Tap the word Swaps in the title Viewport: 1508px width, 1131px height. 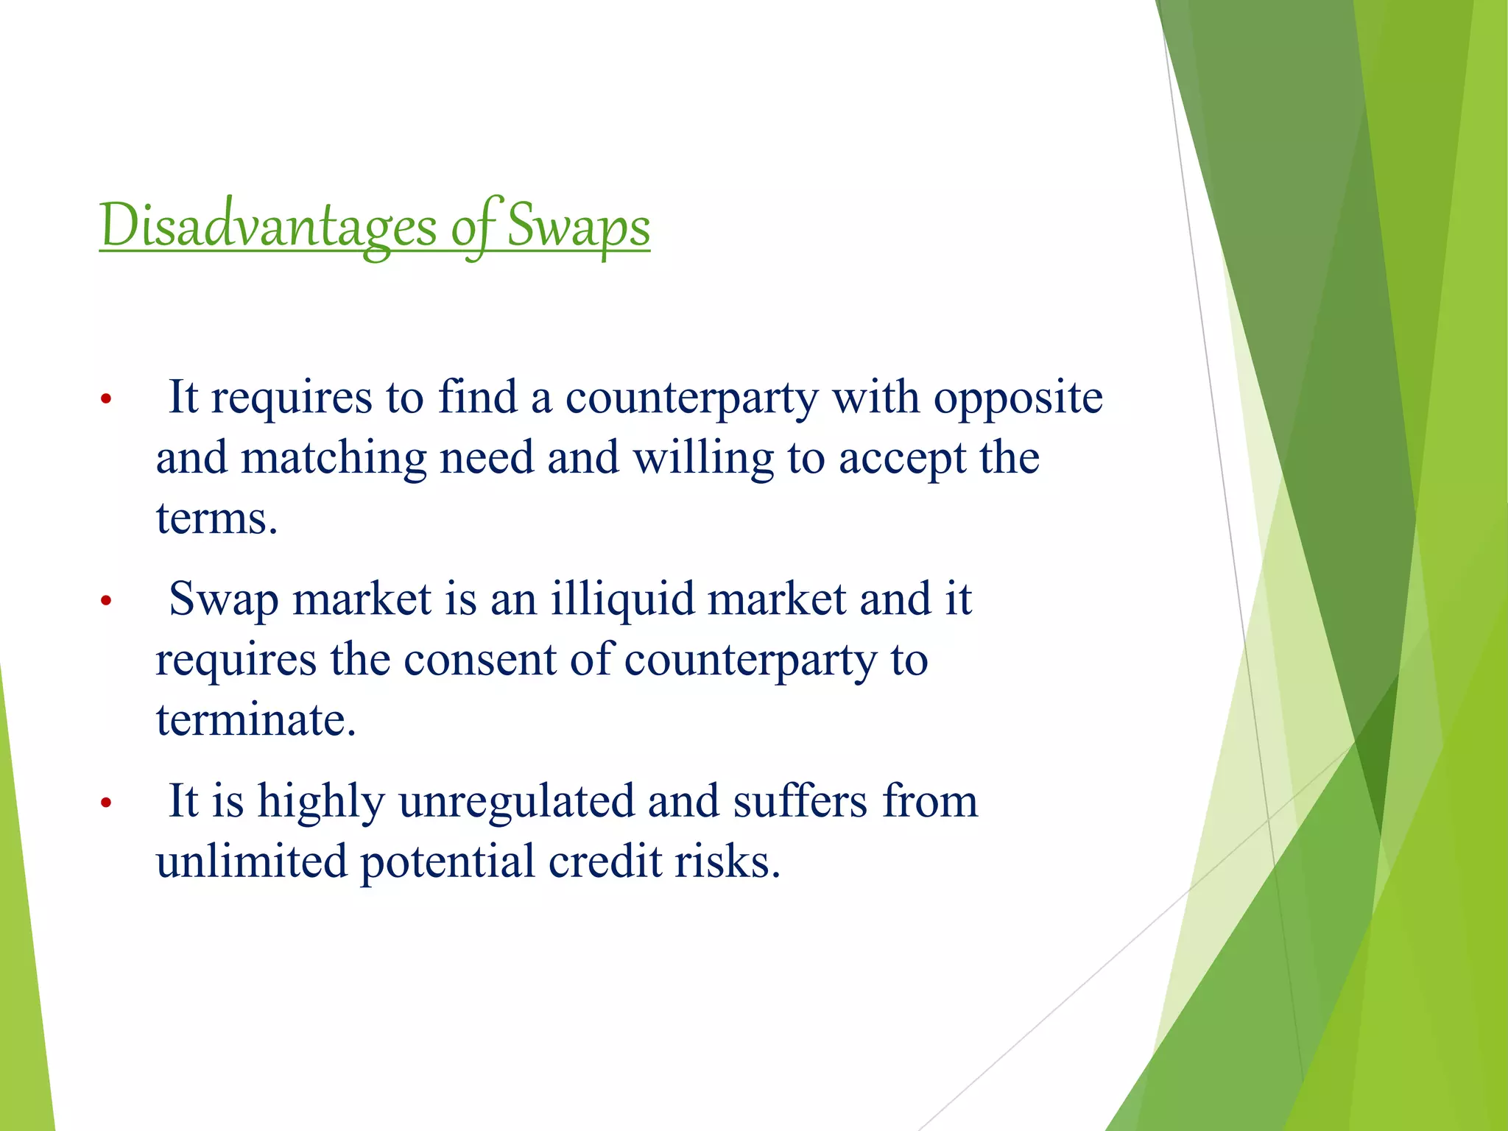(x=578, y=226)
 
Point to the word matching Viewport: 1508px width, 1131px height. (x=334, y=459)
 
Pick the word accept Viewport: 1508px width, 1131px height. (x=902, y=459)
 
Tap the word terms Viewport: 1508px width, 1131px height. (x=216, y=518)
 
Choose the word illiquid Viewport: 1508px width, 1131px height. (x=623, y=599)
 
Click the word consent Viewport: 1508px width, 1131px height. (x=479, y=659)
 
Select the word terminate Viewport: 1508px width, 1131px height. (x=256, y=719)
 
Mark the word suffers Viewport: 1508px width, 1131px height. (x=800, y=801)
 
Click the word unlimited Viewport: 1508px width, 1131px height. (x=251, y=862)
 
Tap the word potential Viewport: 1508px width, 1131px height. (x=447, y=862)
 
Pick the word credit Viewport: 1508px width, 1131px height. (x=605, y=862)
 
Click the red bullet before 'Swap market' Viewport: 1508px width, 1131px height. (x=106, y=601)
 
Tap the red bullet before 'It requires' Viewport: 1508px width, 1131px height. (x=106, y=400)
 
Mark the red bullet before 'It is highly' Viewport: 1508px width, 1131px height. (x=106, y=803)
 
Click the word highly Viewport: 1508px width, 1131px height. (x=321, y=801)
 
